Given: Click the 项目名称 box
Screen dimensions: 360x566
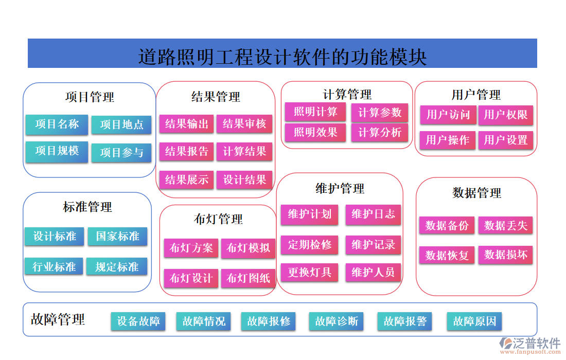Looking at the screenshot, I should pos(57,124).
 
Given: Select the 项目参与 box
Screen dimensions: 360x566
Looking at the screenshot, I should pos(121,153).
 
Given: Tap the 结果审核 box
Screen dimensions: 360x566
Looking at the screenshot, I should pos(244,124).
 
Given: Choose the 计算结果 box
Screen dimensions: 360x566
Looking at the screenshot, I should pos(244,152).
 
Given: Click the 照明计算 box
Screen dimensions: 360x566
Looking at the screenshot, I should pos(315,112).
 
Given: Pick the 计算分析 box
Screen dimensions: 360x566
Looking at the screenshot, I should pos(380,133).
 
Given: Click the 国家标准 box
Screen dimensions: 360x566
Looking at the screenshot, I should pos(118,237).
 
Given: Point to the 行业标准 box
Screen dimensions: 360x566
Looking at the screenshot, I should pos(54,267).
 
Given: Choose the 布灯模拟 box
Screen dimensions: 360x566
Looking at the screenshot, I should pos(249,248).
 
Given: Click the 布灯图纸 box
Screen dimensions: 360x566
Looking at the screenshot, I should pos(249,278).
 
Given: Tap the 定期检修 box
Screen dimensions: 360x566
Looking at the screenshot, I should pos(309,245).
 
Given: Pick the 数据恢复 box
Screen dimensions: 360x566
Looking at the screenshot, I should pos(447,256).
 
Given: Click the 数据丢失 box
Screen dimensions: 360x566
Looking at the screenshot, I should pos(505,226).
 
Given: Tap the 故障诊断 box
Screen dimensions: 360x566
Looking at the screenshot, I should pos(337,321).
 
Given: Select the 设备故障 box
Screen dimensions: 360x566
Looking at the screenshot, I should pos(138,321).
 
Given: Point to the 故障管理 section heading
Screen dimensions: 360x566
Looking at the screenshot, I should pos(58,319).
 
